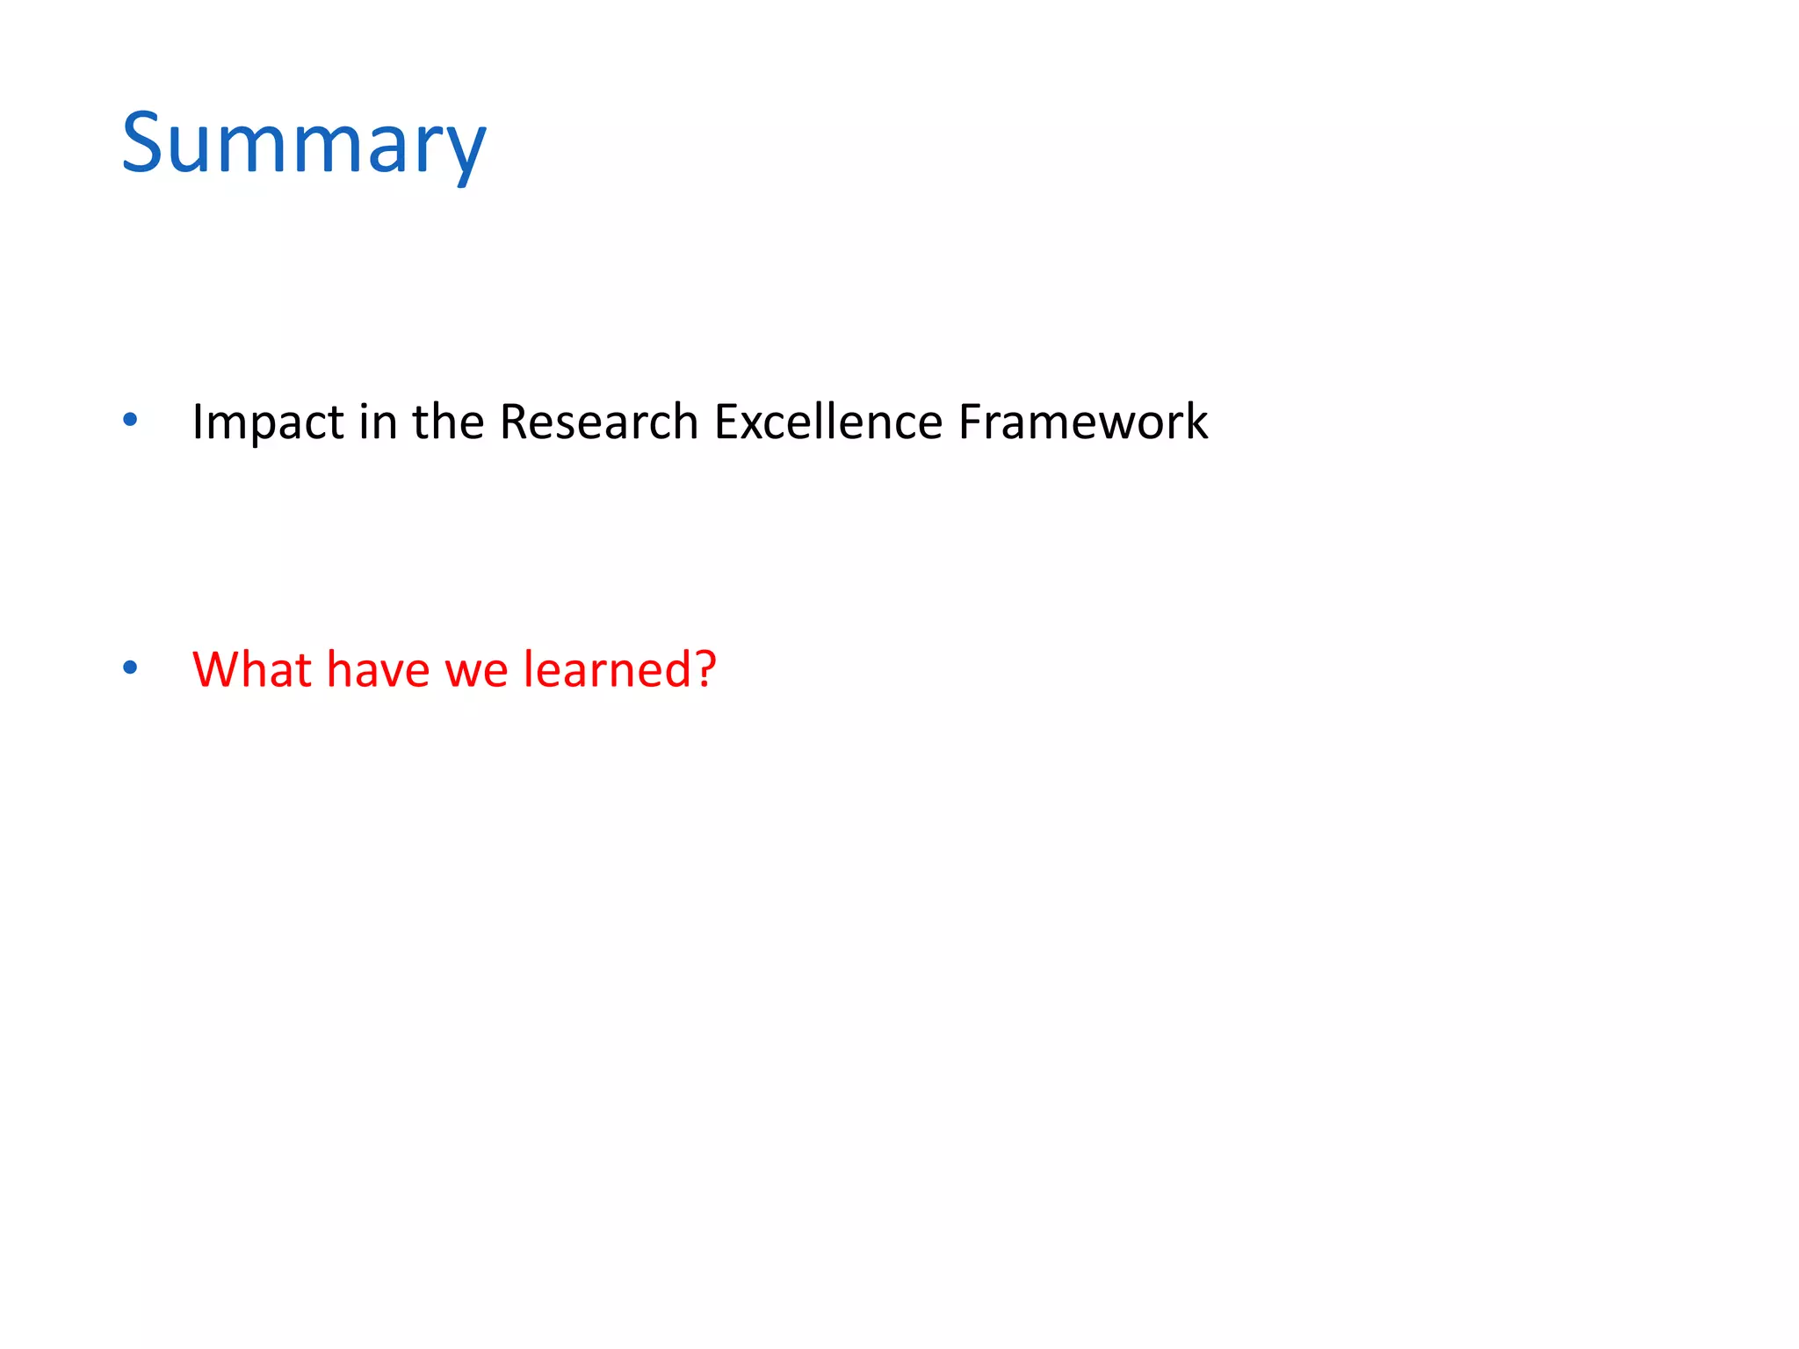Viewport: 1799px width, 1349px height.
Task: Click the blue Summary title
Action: (x=303, y=145)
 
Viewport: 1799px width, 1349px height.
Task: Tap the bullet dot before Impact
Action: (x=131, y=421)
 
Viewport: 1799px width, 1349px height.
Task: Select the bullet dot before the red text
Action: (x=131, y=668)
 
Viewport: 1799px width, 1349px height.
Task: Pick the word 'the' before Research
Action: (x=448, y=422)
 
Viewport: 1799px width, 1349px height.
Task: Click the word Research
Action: (x=598, y=422)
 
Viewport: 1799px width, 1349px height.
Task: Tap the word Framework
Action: (x=1083, y=422)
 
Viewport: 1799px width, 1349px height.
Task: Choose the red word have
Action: (x=379, y=669)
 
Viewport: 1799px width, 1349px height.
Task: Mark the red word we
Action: (x=476, y=671)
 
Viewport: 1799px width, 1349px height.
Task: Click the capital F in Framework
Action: (x=970, y=422)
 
